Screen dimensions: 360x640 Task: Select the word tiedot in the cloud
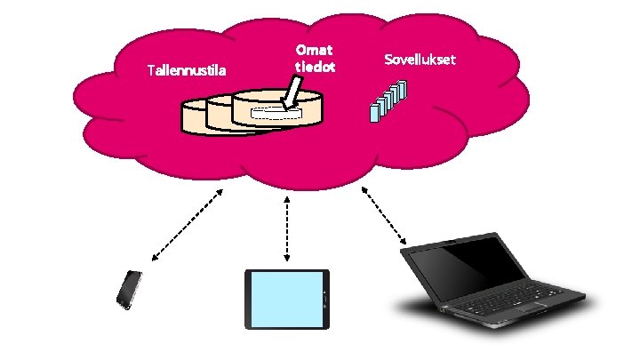315,68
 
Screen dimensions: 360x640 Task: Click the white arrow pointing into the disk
291,95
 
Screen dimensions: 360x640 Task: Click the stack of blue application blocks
388,100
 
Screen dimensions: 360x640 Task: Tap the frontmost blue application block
374,110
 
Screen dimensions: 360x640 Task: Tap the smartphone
130,290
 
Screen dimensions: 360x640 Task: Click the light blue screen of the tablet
284,299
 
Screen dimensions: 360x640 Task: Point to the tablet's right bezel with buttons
325,299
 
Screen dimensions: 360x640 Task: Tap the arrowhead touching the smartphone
155,258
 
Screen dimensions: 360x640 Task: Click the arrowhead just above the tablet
287,258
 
